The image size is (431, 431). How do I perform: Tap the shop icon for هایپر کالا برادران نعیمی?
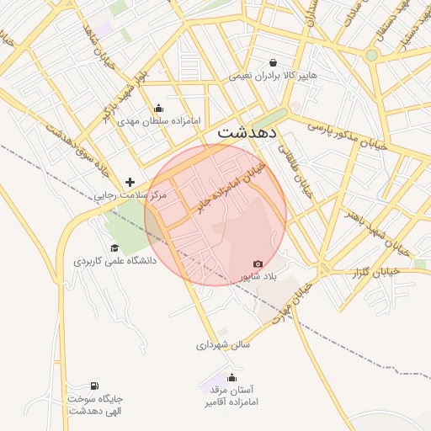coord(274,62)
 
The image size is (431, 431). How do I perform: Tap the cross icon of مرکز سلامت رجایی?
coord(130,182)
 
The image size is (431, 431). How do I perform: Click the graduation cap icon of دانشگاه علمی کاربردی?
coord(114,248)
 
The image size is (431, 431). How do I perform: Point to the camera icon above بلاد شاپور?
coord(258,263)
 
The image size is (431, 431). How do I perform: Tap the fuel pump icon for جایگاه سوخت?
coord(93,385)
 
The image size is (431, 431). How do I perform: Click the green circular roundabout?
coord(371,55)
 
